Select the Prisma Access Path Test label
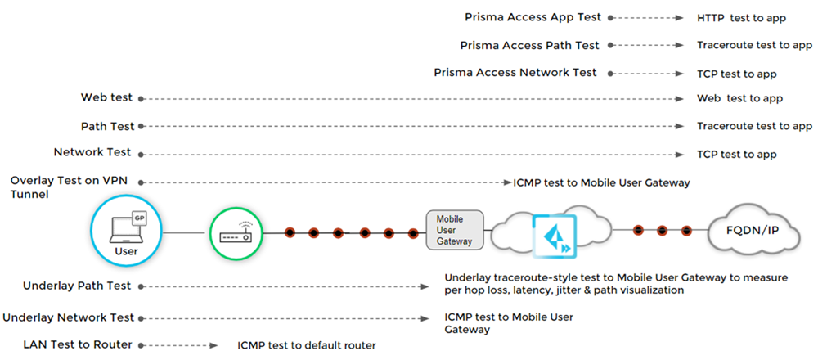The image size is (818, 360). pyautogui.click(x=530, y=45)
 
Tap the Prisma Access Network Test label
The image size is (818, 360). pyautogui.click(x=515, y=73)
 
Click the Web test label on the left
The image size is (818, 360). pyautogui.click(x=106, y=98)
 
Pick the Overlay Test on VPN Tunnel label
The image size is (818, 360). pyautogui.click(x=70, y=187)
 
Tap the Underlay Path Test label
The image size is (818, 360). pyautogui.click(x=78, y=286)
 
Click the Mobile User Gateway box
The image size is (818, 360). pyautogui.click(x=455, y=231)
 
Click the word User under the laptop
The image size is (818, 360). pyautogui.click(x=126, y=251)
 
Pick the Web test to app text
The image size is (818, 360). pyautogui.click(x=739, y=98)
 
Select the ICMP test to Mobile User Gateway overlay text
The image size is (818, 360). pyautogui.click(x=601, y=182)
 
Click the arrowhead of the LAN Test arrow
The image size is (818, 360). pyautogui.click(x=217, y=345)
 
